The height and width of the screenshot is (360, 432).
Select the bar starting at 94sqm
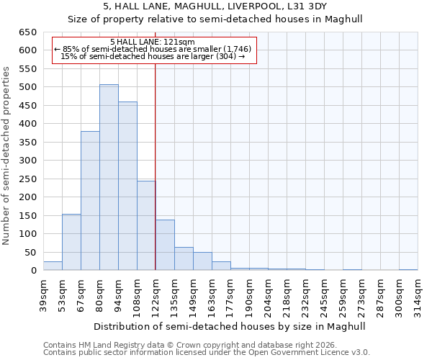point(127,186)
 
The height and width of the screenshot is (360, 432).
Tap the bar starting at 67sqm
point(90,201)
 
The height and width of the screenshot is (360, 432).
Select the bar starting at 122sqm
point(165,245)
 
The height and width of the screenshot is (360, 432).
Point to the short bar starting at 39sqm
point(53,266)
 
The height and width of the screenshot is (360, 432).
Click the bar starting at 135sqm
point(184,258)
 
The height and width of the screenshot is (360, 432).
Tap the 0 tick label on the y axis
point(33,271)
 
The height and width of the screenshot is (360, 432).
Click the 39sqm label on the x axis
point(43,294)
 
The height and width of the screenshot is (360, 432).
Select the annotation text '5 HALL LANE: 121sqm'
point(153,42)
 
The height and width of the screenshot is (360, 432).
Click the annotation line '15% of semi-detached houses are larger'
point(153,56)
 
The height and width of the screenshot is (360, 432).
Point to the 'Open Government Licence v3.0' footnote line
point(207,352)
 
